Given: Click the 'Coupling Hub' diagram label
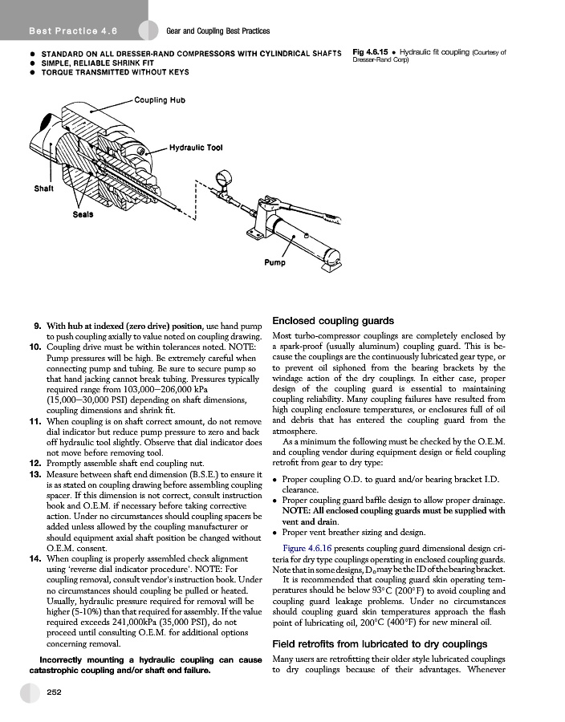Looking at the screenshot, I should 160,100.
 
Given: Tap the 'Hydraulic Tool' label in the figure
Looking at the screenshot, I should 196,148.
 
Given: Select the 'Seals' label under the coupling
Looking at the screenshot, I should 83,214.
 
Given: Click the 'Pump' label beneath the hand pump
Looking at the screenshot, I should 275,262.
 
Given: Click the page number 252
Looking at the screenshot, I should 55,691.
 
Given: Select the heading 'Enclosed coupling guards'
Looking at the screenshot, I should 333,320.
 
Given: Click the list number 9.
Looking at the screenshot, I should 37,327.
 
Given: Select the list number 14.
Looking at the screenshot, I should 35,558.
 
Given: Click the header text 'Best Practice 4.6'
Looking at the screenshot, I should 73,31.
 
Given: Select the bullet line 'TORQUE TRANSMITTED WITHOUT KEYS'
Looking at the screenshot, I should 115,72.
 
